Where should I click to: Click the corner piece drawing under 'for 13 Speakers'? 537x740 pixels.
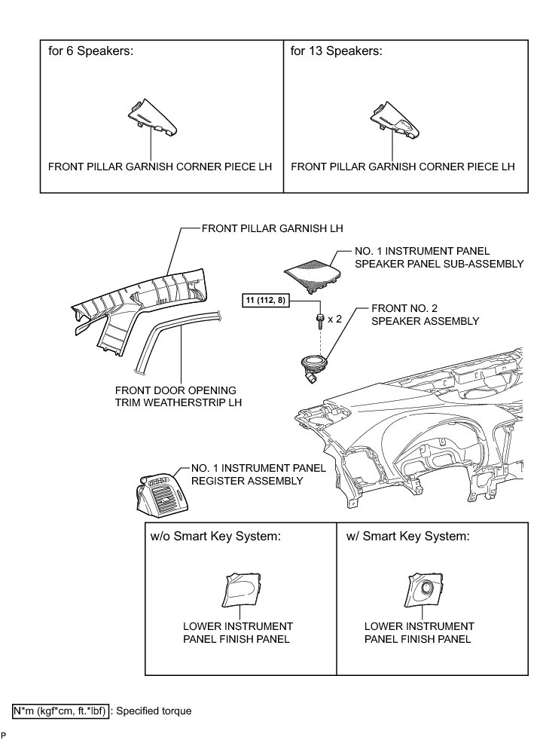coord(395,117)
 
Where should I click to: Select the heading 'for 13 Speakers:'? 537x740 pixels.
coord(337,52)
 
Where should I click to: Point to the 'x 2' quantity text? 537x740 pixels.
coord(335,320)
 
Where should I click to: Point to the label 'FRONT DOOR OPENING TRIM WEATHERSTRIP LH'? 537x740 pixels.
coord(175,396)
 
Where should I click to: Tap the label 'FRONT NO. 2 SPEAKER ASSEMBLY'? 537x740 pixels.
coord(426,315)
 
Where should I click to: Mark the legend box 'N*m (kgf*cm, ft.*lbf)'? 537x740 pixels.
coord(61,710)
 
